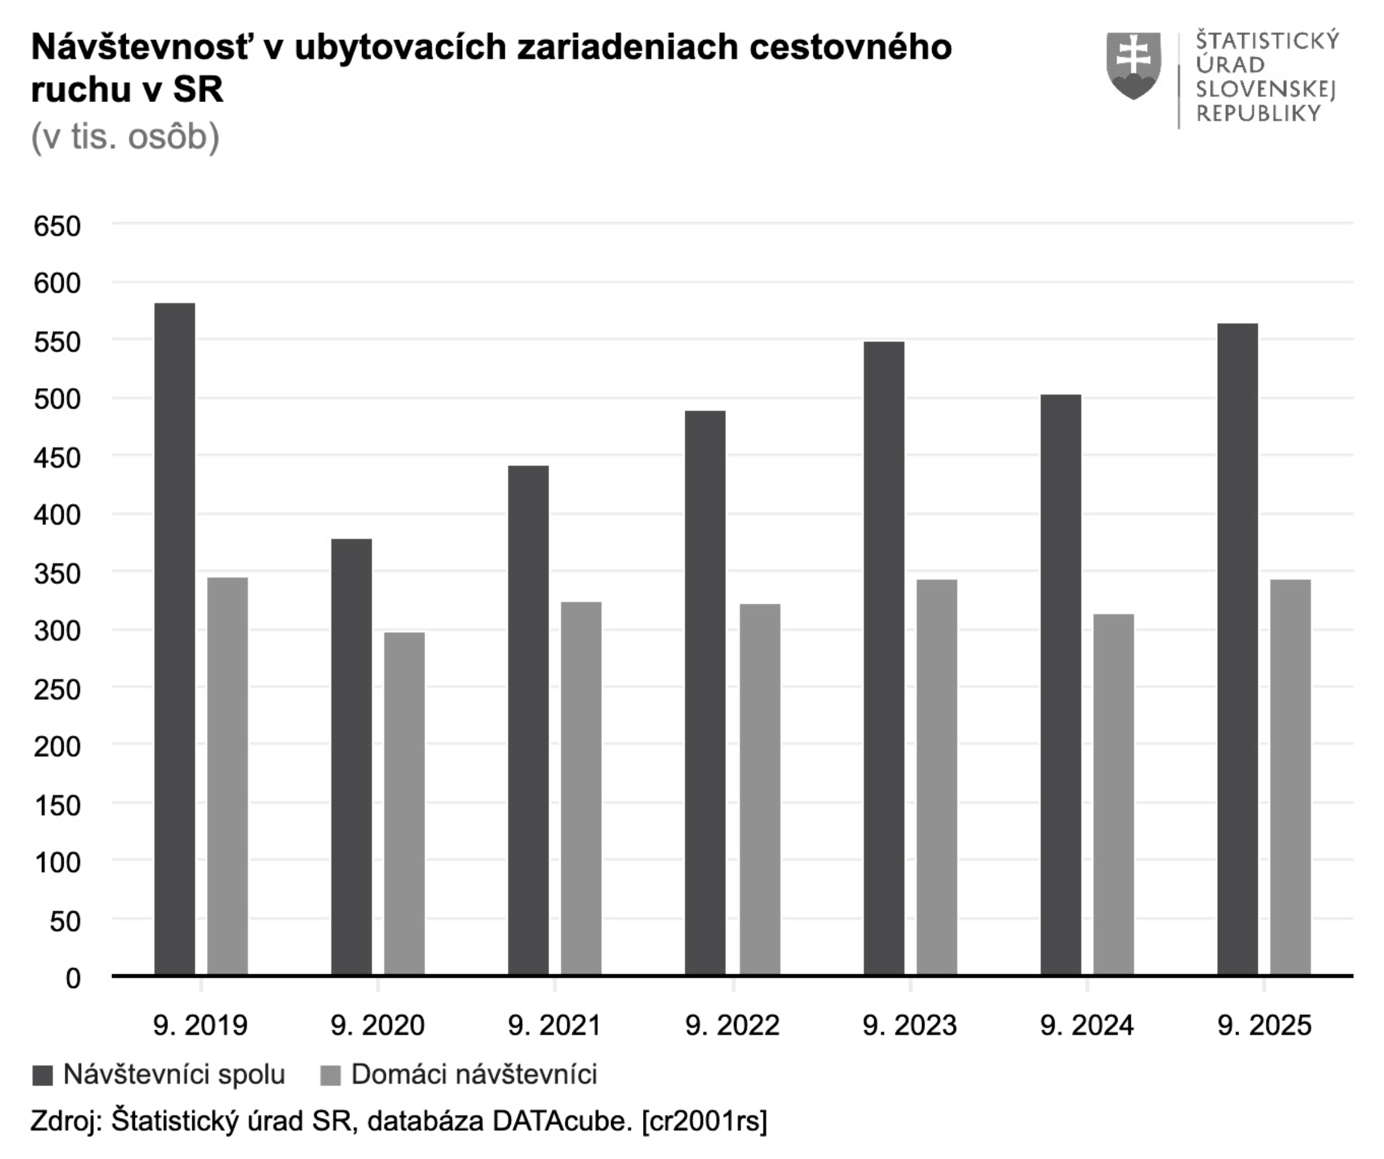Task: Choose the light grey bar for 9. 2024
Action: [1113, 794]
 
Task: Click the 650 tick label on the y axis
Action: [57, 226]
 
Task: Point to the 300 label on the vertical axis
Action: [57, 631]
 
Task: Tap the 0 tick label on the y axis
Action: [72, 978]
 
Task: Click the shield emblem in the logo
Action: [1134, 65]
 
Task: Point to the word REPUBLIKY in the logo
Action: [1258, 114]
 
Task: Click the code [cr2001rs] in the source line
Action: [704, 1121]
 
